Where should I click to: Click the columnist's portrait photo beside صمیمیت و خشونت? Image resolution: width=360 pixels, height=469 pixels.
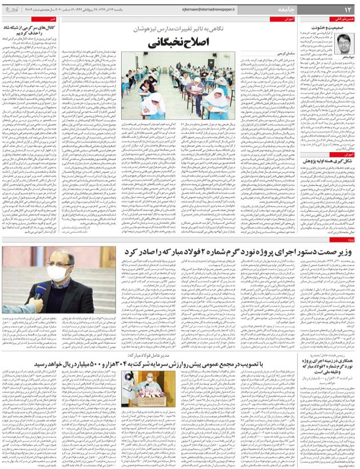344,43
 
